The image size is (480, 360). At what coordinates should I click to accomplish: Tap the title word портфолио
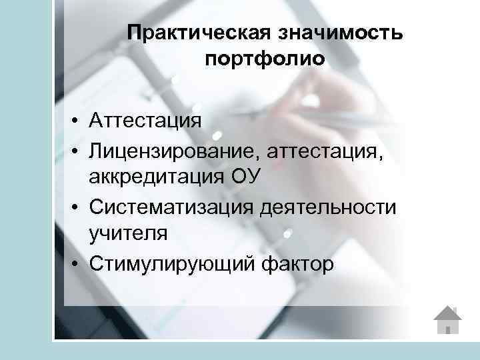(x=265, y=60)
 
